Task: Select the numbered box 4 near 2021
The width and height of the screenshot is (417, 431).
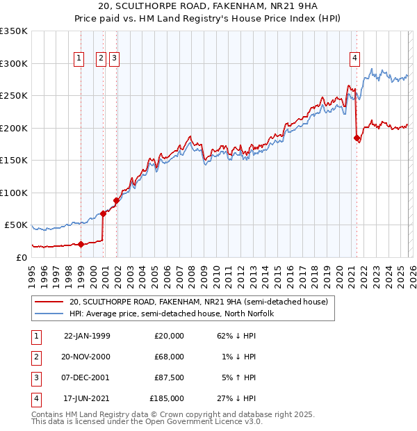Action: (x=354, y=59)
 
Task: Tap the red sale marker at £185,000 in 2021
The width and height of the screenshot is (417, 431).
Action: (x=357, y=138)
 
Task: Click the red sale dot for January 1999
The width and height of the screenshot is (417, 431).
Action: (x=81, y=244)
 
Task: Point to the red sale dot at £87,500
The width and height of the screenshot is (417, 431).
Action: (x=116, y=201)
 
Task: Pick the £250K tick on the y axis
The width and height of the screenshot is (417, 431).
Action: (x=14, y=96)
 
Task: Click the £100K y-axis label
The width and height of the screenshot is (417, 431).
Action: (x=14, y=193)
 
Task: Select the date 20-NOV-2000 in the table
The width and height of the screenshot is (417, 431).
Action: (x=87, y=357)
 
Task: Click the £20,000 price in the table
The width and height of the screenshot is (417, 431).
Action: (x=169, y=336)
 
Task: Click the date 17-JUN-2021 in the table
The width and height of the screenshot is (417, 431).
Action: (x=87, y=398)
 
